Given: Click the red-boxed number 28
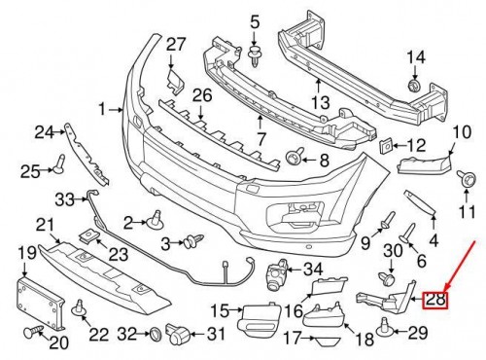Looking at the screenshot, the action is coord(435,300).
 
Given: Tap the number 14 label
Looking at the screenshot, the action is coord(416,57).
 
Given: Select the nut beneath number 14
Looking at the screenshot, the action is coord(413,85).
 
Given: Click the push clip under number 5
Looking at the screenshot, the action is coord(255,56).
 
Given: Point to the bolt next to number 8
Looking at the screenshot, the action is coord(295,157).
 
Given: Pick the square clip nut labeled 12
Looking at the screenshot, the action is coord(386,147).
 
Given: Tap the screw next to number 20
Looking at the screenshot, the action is coord(33,332).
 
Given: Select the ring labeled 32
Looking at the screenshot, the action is coord(156,334).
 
